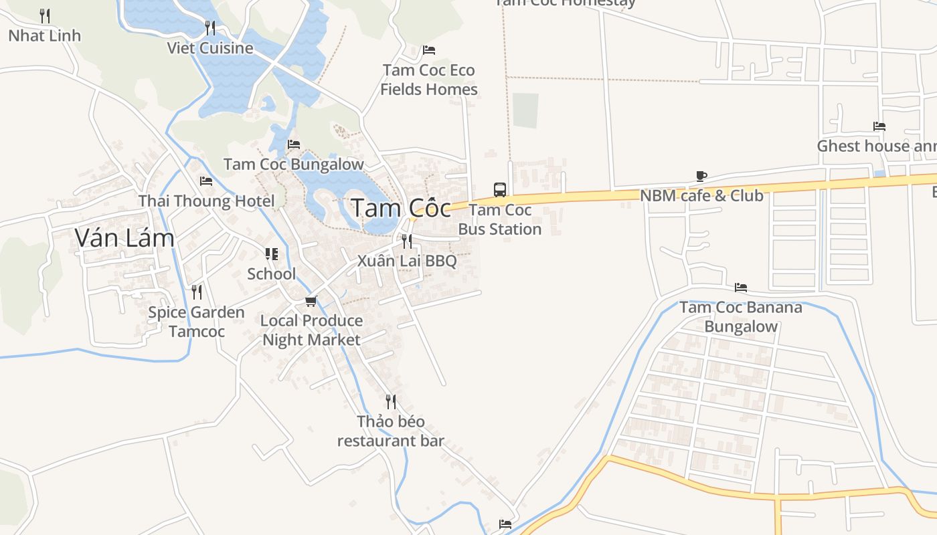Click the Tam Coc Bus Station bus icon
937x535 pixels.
coord(500,189)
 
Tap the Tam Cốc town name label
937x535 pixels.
coord(401,208)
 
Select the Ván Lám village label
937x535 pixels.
coord(124,237)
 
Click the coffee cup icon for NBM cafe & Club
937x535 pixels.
coord(701,177)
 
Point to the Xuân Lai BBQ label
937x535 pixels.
coord(407,261)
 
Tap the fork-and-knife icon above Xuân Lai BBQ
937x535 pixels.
coord(406,241)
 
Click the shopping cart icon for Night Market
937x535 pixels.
coord(311,302)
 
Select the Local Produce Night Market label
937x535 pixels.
coord(312,330)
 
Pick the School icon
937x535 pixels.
coord(271,254)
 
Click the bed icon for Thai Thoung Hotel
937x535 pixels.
coord(206,181)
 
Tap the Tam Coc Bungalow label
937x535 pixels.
coord(294,164)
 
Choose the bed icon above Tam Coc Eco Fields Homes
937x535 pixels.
coord(429,50)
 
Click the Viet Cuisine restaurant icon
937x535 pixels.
coord(210,28)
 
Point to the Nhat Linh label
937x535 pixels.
coord(44,35)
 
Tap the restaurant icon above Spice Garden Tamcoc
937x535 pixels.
coord(196,292)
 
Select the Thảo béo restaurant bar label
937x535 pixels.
coord(391,431)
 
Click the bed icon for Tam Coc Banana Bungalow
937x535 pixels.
coord(741,288)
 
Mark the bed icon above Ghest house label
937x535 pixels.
coord(879,126)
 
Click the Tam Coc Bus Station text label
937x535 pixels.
coord(500,219)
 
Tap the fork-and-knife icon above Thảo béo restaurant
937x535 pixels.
coord(391,402)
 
